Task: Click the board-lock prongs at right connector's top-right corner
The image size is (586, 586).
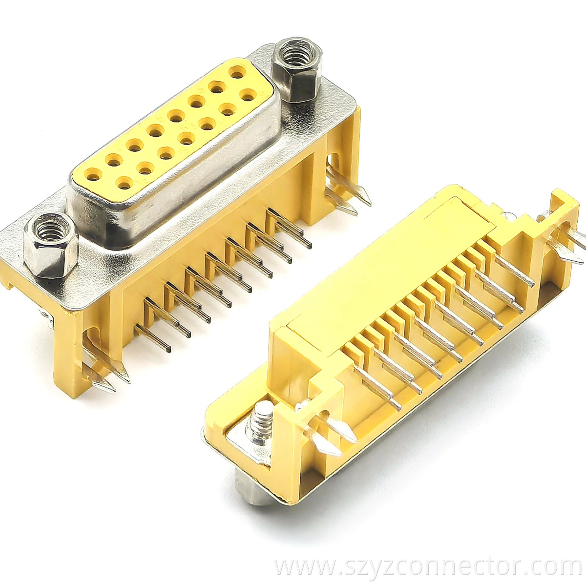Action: pyautogui.click(x=566, y=244)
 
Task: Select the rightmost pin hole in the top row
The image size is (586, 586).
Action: pyautogui.click(x=238, y=75)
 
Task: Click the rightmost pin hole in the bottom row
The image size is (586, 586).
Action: pyautogui.click(x=248, y=94)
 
